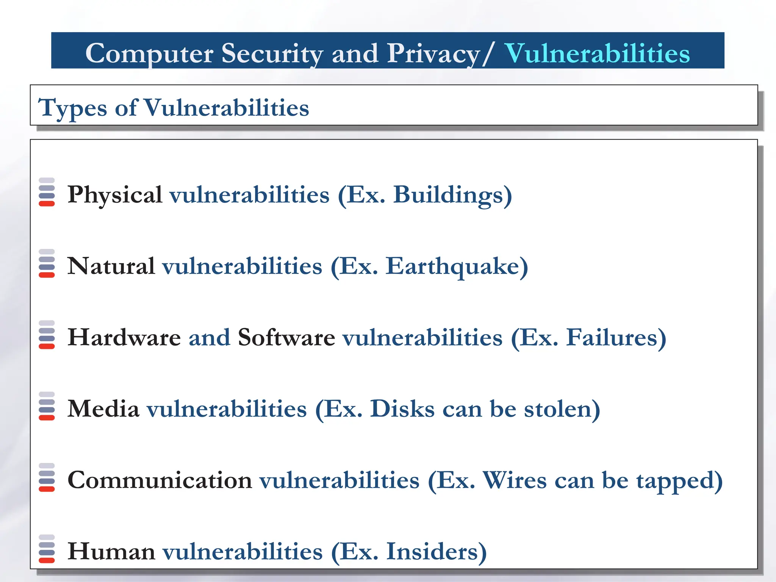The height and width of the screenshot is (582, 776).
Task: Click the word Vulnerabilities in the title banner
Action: (x=597, y=53)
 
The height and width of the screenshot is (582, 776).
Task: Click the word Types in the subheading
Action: (x=73, y=108)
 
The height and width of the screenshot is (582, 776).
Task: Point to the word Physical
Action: (x=115, y=195)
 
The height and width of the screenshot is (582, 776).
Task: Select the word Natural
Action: (x=111, y=266)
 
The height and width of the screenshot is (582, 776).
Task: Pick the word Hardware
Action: (x=124, y=337)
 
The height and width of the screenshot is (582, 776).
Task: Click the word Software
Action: (x=286, y=337)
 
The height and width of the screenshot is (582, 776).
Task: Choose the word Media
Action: (x=103, y=409)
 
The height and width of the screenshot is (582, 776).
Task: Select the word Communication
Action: (x=160, y=480)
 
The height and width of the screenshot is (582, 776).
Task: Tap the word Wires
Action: (x=515, y=480)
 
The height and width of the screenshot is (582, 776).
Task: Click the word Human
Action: (x=111, y=551)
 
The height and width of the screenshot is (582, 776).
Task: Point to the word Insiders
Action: (x=432, y=551)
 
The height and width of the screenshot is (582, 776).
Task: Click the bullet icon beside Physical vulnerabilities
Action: (x=47, y=192)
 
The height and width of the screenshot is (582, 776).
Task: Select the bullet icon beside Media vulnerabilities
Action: (x=47, y=406)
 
